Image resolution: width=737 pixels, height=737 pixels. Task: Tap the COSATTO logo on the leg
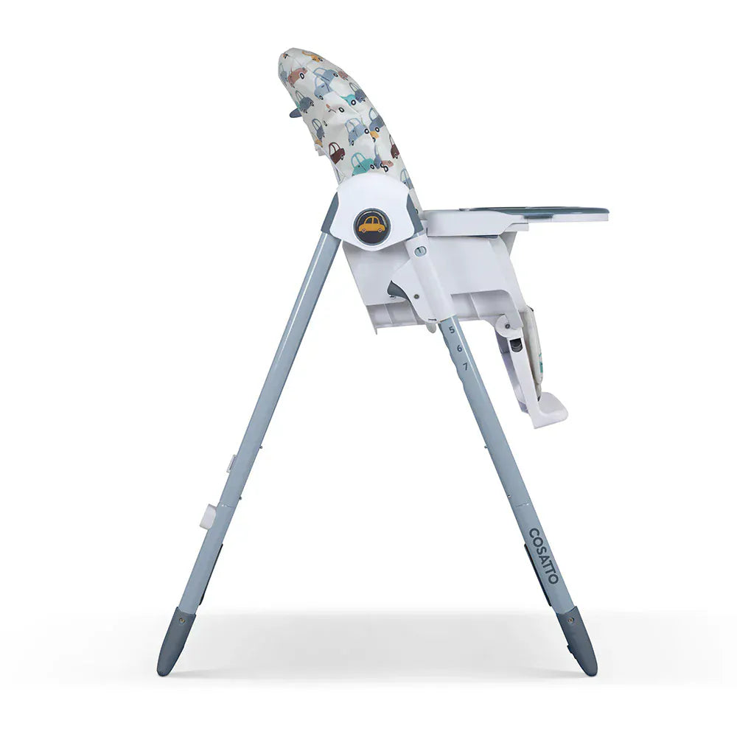(543, 555)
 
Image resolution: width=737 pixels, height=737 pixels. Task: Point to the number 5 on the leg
(452, 329)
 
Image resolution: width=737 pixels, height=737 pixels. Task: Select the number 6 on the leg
(458, 348)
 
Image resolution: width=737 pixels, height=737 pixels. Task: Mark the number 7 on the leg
(465, 366)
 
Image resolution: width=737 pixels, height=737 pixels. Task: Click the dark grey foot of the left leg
(171, 640)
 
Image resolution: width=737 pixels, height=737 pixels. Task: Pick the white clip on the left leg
(209, 515)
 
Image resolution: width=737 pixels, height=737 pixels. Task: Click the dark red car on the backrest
(336, 153)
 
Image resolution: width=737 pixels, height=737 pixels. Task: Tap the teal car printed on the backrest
(362, 163)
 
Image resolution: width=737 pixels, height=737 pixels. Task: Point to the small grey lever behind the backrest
(295, 113)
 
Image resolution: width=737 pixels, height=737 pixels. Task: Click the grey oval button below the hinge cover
(420, 251)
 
